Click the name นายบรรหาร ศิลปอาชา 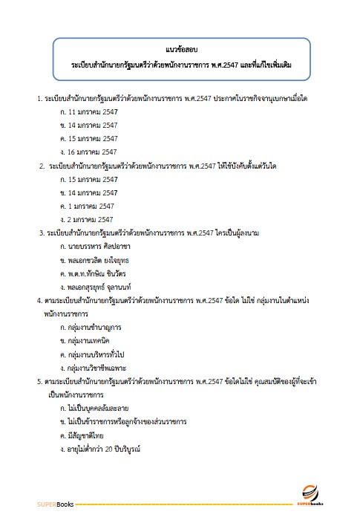[95, 247]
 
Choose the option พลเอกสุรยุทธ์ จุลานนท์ [99, 287]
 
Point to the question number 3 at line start [41, 233]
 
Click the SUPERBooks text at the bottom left [53, 504]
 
